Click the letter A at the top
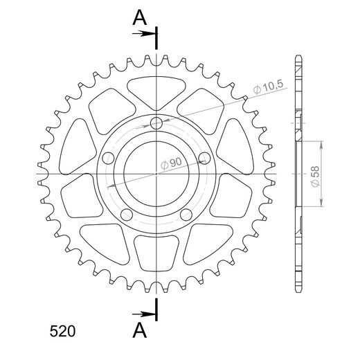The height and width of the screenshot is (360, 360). pos(140,18)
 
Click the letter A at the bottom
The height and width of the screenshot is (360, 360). pos(140,330)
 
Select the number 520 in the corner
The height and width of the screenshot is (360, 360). pos(62,332)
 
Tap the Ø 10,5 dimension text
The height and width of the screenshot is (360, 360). pos(268,87)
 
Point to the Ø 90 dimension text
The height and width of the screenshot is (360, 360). pos(172,163)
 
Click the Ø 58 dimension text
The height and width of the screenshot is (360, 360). pos(315,177)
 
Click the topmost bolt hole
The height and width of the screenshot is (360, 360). pos(156,123)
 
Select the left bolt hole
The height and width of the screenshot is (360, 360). pos(108,159)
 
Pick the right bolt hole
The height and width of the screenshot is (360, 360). pos(205,159)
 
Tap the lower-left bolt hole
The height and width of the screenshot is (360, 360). pos(127,215)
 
